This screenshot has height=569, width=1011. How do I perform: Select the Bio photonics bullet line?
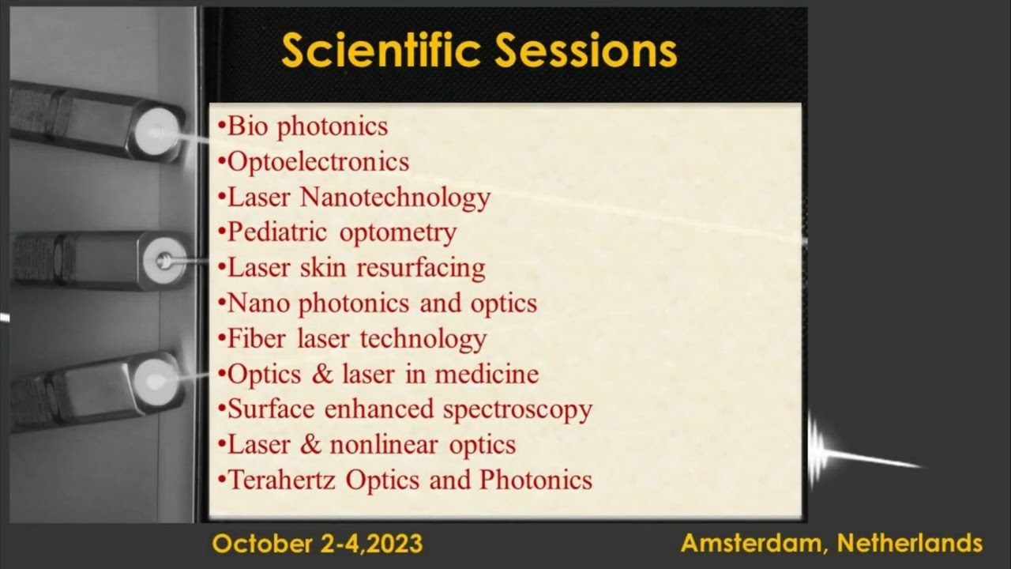coord(303,126)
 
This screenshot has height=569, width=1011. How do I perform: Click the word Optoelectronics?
coord(318,162)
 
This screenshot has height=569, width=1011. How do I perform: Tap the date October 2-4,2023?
coord(318,544)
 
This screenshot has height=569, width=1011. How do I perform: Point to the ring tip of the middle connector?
coord(164,258)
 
